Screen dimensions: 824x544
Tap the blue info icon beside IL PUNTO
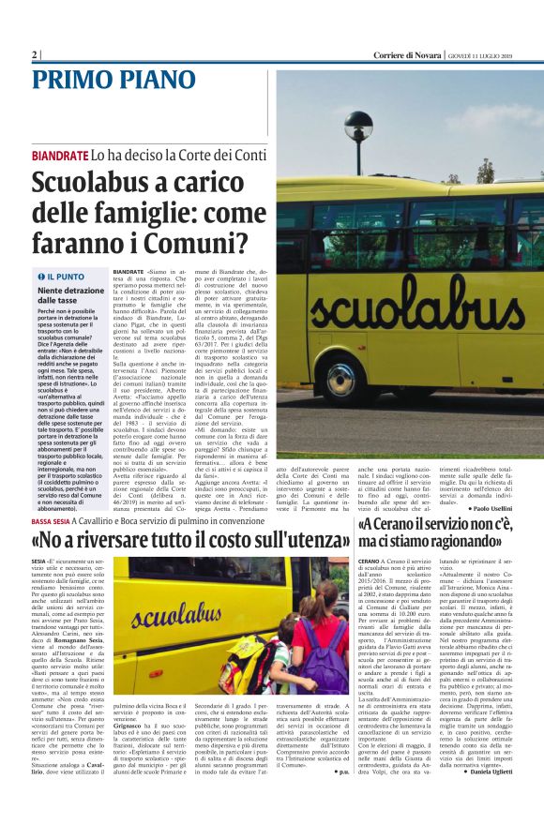click(x=40, y=277)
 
